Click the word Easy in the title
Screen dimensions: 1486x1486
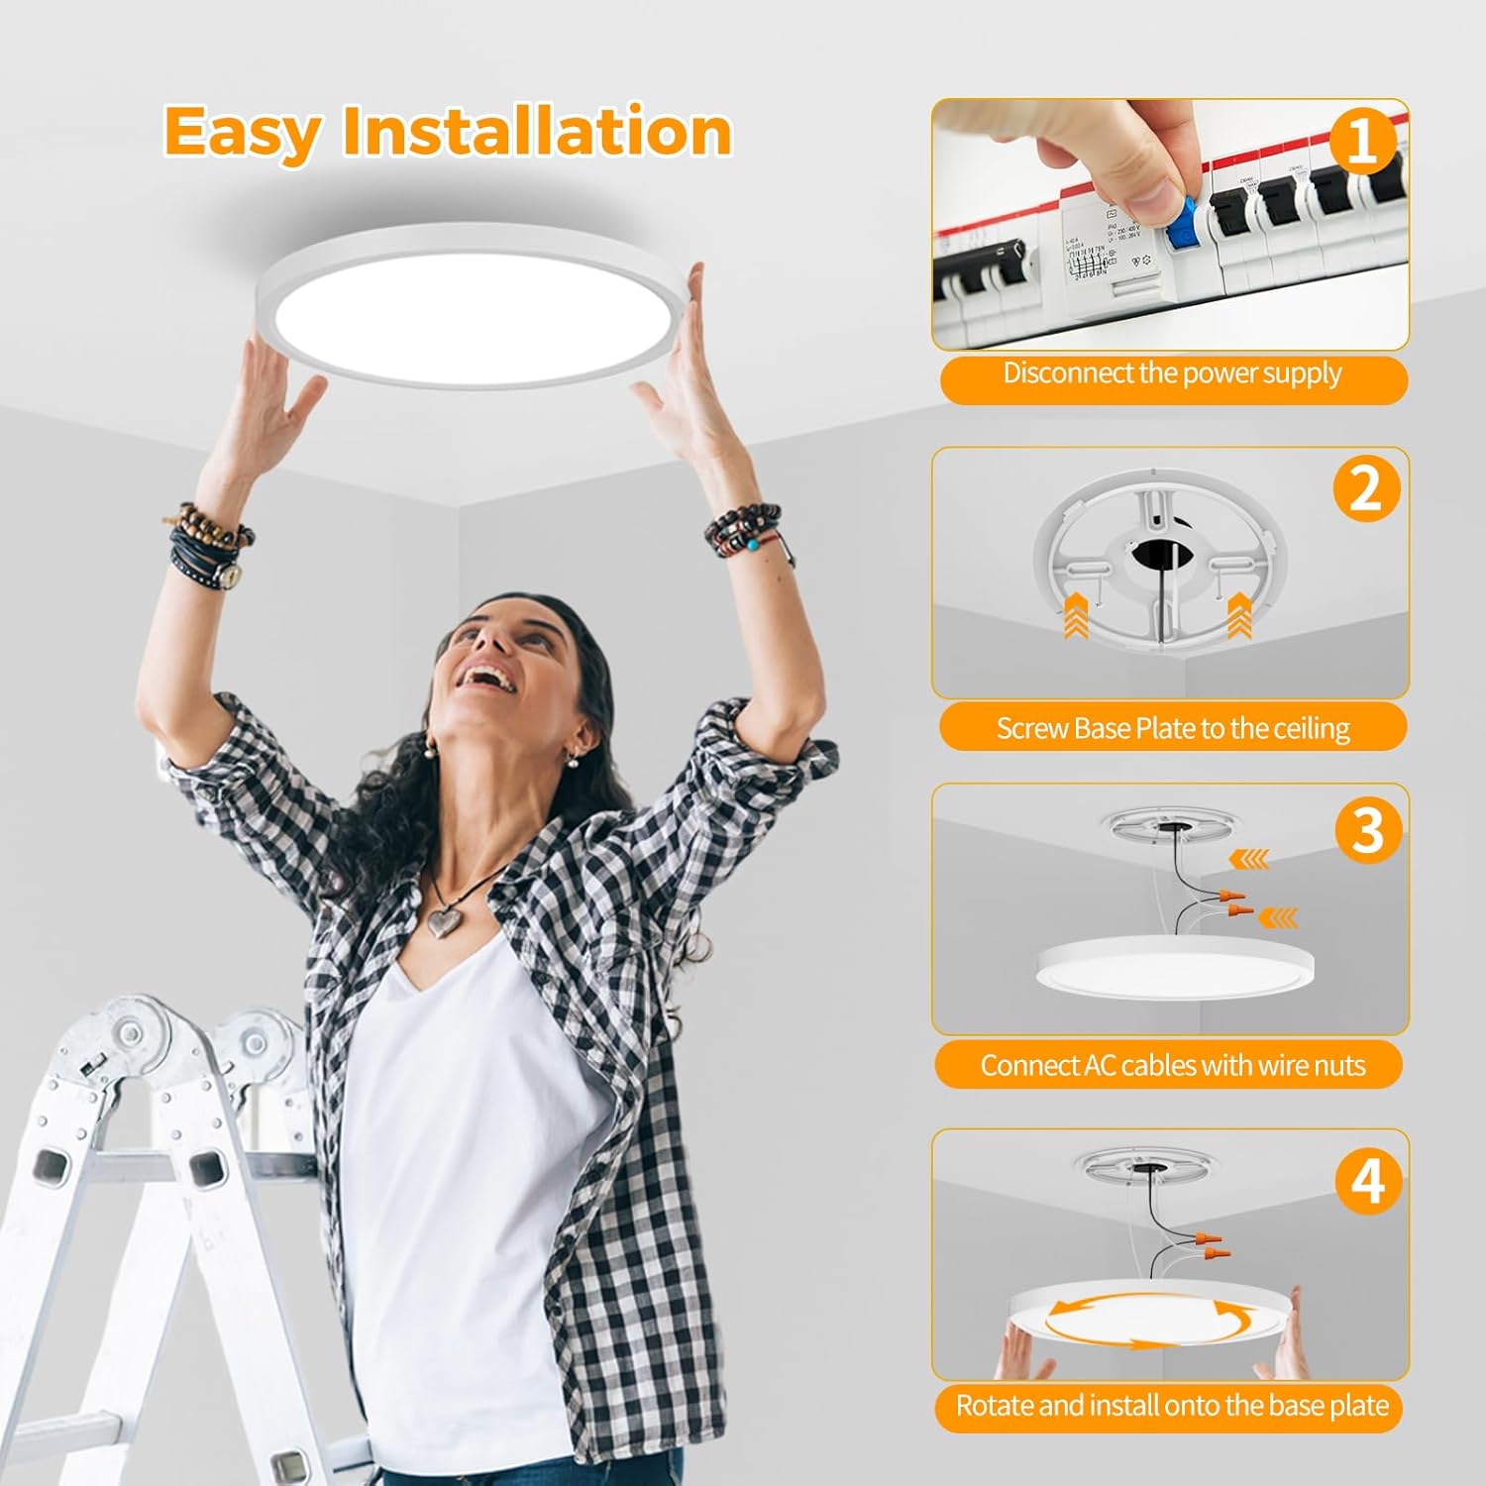click(x=242, y=132)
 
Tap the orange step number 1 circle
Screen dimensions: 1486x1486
click(x=1362, y=141)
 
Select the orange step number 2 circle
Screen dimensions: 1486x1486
click(x=1365, y=488)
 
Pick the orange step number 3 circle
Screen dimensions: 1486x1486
click(x=1367, y=830)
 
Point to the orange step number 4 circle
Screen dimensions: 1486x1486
click(x=1368, y=1180)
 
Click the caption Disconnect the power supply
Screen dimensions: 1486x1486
click(x=1172, y=374)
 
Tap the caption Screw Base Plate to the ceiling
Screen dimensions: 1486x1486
click(x=1173, y=729)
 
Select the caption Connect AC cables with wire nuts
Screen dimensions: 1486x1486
click(x=1173, y=1066)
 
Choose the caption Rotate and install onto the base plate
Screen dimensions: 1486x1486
click(x=1172, y=1406)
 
